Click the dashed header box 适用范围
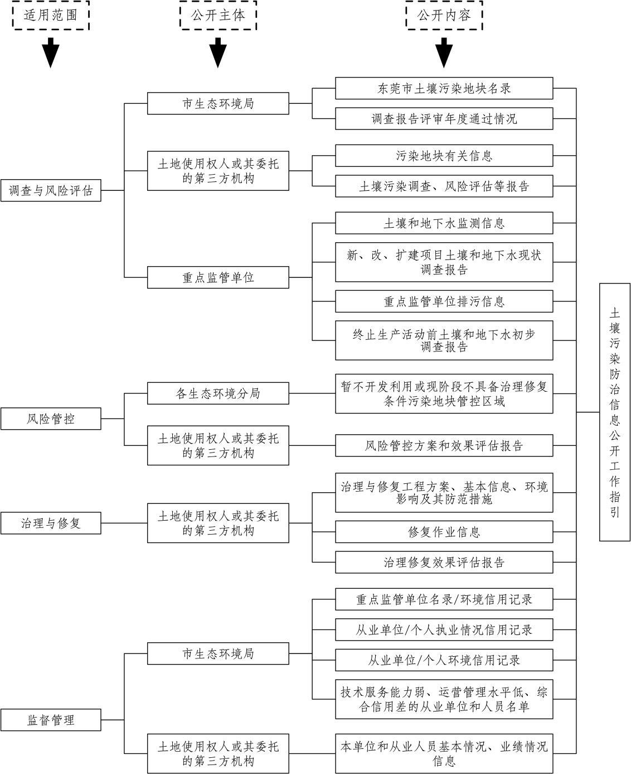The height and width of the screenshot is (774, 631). pyautogui.click(x=51, y=15)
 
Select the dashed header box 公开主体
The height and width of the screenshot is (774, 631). pyautogui.click(x=218, y=15)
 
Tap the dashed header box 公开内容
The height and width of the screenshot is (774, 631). pyautogui.click(x=444, y=15)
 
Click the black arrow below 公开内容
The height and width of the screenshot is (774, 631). pyautogui.click(x=444, y=52)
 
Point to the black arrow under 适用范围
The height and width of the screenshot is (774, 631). pyautogui.click(x=51, y=52)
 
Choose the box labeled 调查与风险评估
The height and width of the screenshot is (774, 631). pyautogui.click(x=51, y=190)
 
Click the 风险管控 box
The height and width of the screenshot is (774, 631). pyautogui.click(x=51, y=419)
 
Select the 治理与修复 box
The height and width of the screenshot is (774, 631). pyautogui.click(x=51, y=523)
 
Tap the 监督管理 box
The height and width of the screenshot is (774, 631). pyautogui.click(x=51, y=720)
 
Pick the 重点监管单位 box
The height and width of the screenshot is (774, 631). pyautogui.click(x=218, y=277)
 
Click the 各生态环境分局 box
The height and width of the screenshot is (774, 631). pyautogui.click(x=218, y=393)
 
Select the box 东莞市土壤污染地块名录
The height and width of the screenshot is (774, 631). pyautogui.click(x=444, y=88)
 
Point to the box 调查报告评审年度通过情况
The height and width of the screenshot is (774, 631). pyautogui.click(x=444, y=118)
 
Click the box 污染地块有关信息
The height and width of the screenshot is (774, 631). pyautogui.click(x=444, y=156)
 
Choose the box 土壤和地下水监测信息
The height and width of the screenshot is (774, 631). pyautogui.click(x=444, y=223)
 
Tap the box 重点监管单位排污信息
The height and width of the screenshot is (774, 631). pyautogui.click(x=444, y=301)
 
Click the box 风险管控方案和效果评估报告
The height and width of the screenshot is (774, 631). pyautogui.click(x=444, y=445)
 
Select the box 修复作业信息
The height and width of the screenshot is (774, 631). pyautogui.click(x=444, y=532)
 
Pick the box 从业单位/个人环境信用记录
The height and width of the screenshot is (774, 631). pyautogui.click(x=444, y=660)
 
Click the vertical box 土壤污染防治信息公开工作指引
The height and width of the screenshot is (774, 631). pyautogui.click(x=614, y=412)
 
